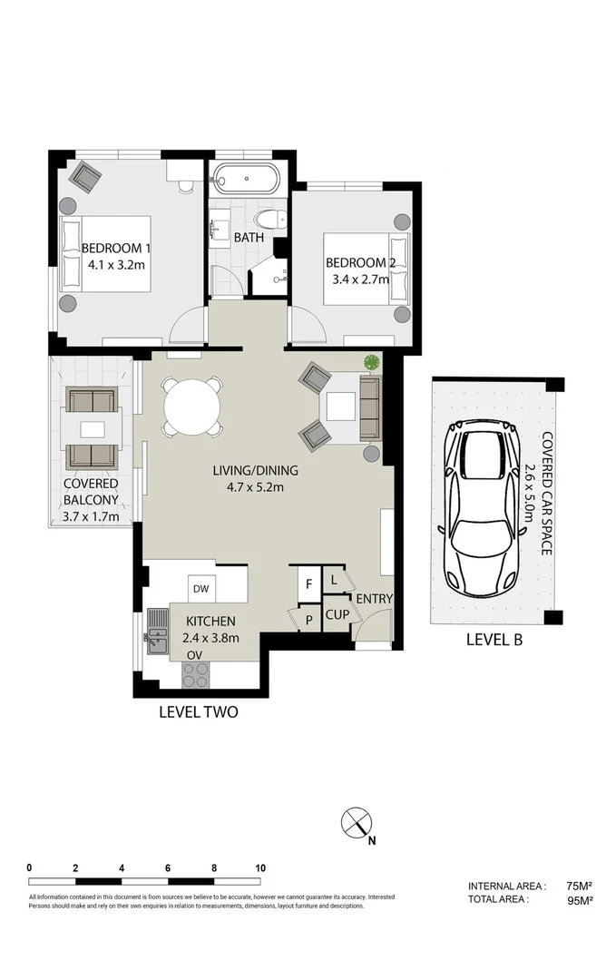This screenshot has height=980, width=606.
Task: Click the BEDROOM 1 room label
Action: click(116, 249)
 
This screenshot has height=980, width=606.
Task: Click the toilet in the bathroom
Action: click(269, 220)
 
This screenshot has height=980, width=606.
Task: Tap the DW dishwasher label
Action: click(200, 588)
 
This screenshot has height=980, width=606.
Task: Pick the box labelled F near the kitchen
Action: click(308, 583)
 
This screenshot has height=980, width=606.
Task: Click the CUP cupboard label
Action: click(337, 614)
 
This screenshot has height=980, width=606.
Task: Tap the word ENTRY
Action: click(374, 599)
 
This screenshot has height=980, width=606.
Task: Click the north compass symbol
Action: click(356, 825)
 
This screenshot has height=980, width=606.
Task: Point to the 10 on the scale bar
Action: click(260, 868)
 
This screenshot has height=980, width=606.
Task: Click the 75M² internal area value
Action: click(579, 886)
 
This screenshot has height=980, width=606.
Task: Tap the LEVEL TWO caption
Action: click(198, 712)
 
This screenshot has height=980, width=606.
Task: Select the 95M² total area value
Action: click(579, 901)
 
